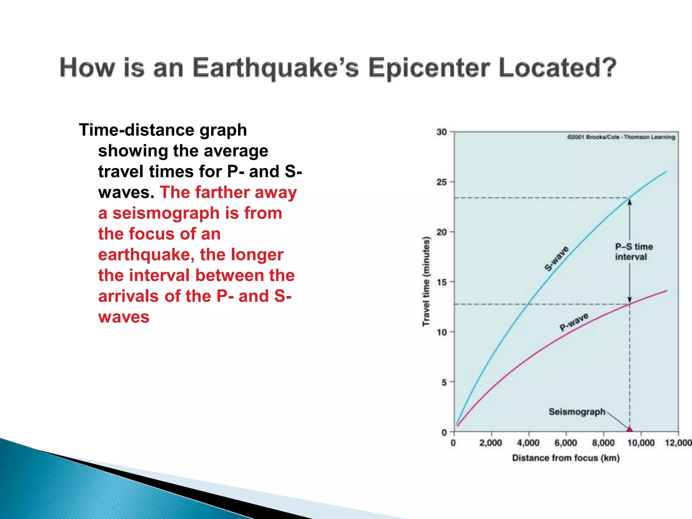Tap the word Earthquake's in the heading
tap(275, 68)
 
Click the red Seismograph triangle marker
tap(629, 429)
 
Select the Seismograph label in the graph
tap(577, 412)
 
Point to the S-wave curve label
tap(557, 258)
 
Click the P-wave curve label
tap(574, 322)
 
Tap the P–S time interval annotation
tap(633, 252)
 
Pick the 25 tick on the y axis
tap(442, 182)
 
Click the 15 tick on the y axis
tap(442, 282)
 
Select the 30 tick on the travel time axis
tap(442, 132)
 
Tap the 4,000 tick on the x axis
tap(528, 443)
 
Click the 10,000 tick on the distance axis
tap(641, 443)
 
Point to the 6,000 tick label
tap(566, 443)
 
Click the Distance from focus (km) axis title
tap(566, 458)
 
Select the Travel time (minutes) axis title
tap(426, 281)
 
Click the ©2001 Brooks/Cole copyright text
tap(621, 137)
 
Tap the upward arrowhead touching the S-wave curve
tap(629, 202)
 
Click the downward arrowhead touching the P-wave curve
tap(629, 299)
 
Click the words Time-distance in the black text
tap(135, 130)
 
